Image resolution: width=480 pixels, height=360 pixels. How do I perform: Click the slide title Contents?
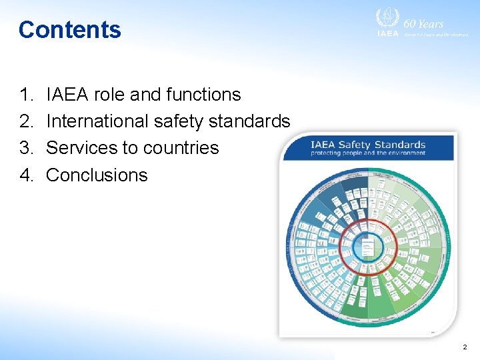click(70, 30)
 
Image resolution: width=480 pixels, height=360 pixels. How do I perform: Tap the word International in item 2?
click(98, 122)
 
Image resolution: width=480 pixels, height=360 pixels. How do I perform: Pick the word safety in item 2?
click(179, 122)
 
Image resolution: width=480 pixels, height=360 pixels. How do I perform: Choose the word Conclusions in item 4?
click(97, 175)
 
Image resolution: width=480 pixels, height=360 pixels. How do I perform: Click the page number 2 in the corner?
click(465, 347)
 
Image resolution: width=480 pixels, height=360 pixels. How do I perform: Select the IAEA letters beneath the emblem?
click(387, 33)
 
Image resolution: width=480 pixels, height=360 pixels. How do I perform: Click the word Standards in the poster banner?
click(399, 145)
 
